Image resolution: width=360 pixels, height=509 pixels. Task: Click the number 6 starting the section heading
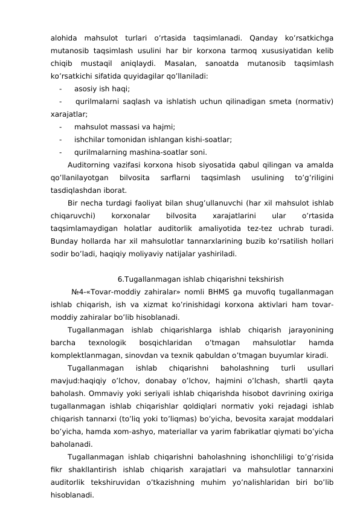click(x=120, y=279)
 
